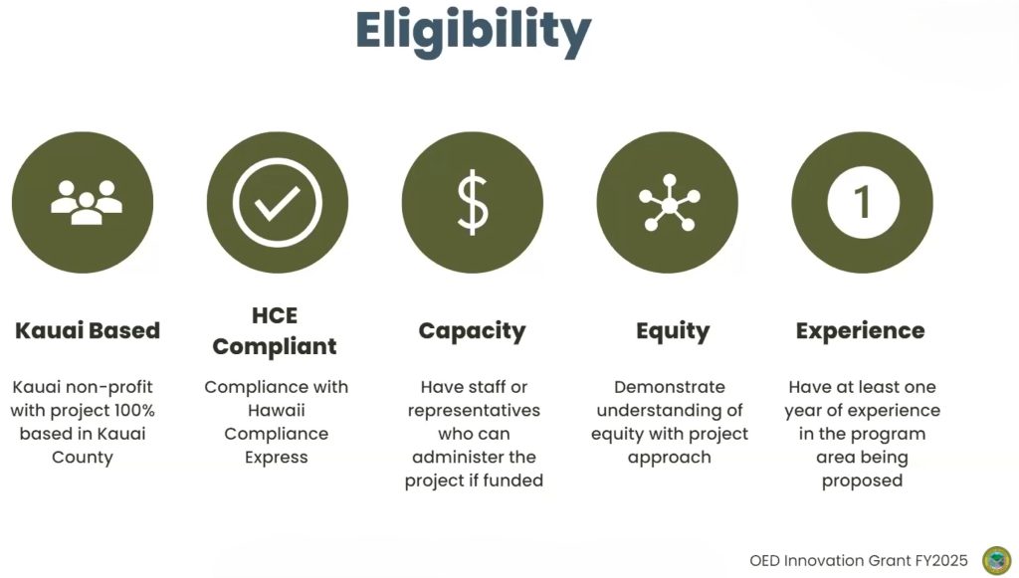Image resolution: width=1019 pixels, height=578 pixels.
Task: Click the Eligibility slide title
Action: [x=473, y=33]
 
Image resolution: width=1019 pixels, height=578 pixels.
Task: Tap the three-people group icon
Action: [x=87, y=203]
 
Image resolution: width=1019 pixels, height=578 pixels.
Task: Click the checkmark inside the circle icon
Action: [x=278, y=203]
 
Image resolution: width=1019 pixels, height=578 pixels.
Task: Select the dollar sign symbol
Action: [x=473, y=203]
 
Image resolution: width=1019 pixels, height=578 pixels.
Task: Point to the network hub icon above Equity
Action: [x=670, y=203]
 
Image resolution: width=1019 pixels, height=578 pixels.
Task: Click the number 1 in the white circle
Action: [x=863, y=202]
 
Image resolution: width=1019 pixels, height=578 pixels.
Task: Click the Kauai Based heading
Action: [x=88, y=330]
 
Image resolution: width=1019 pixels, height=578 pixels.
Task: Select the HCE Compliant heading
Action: [x=275, y=330]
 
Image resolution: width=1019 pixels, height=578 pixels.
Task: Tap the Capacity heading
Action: [x=473, y=331]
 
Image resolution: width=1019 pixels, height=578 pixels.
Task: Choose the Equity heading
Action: [x=673, y=331]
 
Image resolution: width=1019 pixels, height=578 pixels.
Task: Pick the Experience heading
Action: [x=861, y=331]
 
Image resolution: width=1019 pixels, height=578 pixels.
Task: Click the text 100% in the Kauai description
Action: [x=134, y=411]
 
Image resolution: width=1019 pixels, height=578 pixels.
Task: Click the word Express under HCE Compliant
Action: [x=277, y=458]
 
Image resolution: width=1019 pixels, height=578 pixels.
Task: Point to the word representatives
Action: [x=474, y=411]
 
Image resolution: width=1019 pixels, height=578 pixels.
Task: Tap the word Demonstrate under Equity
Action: [x=670, y=387]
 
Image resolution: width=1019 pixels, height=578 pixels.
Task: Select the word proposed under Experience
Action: [x=863, y=482]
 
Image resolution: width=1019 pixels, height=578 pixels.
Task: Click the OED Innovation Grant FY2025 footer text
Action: [x=859, y=560]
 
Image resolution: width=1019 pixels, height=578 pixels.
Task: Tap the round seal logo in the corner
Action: [x=997, y=560]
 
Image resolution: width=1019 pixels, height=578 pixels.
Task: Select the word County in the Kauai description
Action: [x=83, y=458]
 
